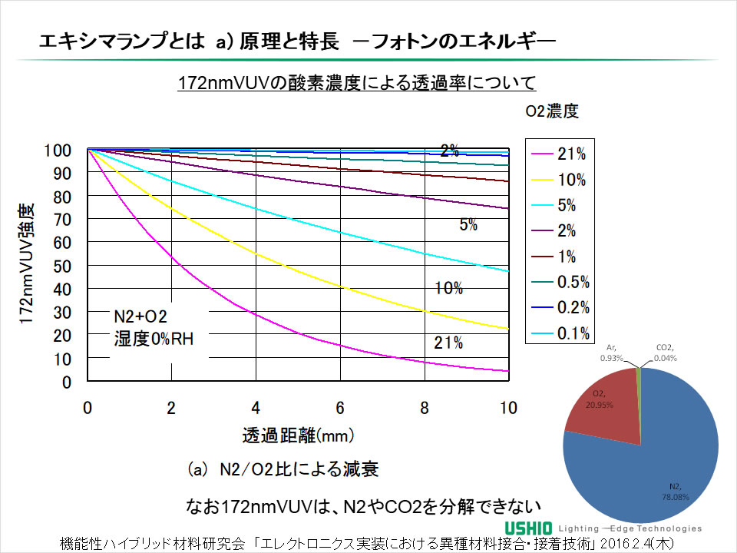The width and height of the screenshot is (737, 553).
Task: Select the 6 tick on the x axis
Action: pos(340,407)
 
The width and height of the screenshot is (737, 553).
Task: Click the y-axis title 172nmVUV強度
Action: pos(27,265)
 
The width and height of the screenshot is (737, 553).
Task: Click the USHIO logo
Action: pos(529,528)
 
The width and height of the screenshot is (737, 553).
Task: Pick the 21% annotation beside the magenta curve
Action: pos(448,343)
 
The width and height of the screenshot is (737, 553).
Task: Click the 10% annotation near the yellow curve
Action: pos(448,289)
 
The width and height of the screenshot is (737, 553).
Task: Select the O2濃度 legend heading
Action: pos(551,111)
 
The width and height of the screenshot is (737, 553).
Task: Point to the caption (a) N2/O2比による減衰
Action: pos(283,469)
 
